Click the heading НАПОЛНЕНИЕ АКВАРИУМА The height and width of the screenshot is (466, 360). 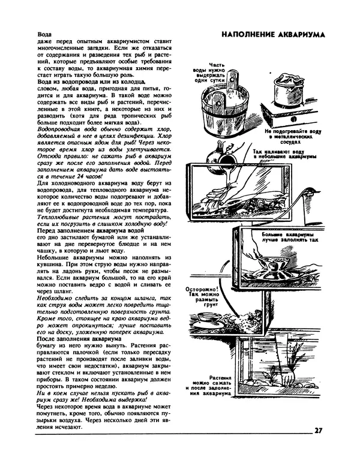[x=273, y=34]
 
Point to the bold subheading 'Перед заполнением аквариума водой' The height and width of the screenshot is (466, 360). [x=90, y=230]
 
